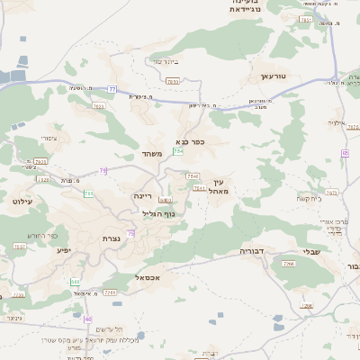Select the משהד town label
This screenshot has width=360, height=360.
[150, 155]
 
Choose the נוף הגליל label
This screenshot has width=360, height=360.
[158, 213]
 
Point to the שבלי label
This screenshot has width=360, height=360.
[310, 251]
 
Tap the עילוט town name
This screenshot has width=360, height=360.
[22, 202]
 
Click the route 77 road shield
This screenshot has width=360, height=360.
[112, 89]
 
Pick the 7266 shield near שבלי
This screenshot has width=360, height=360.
[289, 263]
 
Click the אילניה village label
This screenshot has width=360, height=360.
[337, 122]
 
